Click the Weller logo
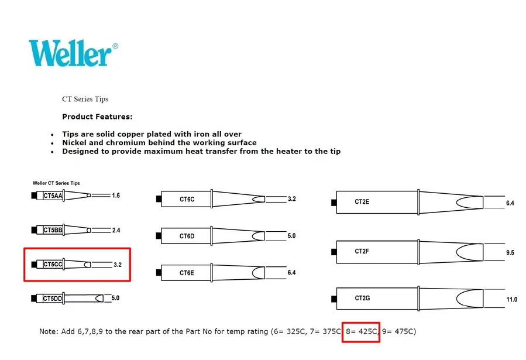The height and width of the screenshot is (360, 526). point(73,53)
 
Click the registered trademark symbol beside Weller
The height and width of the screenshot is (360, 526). point(115,46)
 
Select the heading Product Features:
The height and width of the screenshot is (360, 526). point(97,116)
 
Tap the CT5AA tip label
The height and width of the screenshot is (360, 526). point(53,196)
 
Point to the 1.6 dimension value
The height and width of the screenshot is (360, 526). point(116,196)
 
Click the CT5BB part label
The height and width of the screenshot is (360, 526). point(53,230)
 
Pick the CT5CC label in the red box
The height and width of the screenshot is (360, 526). point(53,265)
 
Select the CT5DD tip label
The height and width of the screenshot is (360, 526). point(53,299)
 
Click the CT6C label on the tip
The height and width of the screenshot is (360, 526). point(187,199)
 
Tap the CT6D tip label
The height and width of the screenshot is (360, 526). point(187,236)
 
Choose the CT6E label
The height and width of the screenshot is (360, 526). point(187,273)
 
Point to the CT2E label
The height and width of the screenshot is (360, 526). point(362,201)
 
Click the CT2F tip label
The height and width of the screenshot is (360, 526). point(362,251)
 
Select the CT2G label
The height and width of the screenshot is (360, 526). point(362,298)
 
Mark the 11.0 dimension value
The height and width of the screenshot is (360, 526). point(511,299)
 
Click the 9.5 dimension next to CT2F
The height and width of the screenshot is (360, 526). point(510,253)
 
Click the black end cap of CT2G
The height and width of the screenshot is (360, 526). point(334,299)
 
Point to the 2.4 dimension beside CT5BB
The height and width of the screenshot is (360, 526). point(116,230)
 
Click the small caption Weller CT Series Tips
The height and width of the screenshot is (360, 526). point(56,183)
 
